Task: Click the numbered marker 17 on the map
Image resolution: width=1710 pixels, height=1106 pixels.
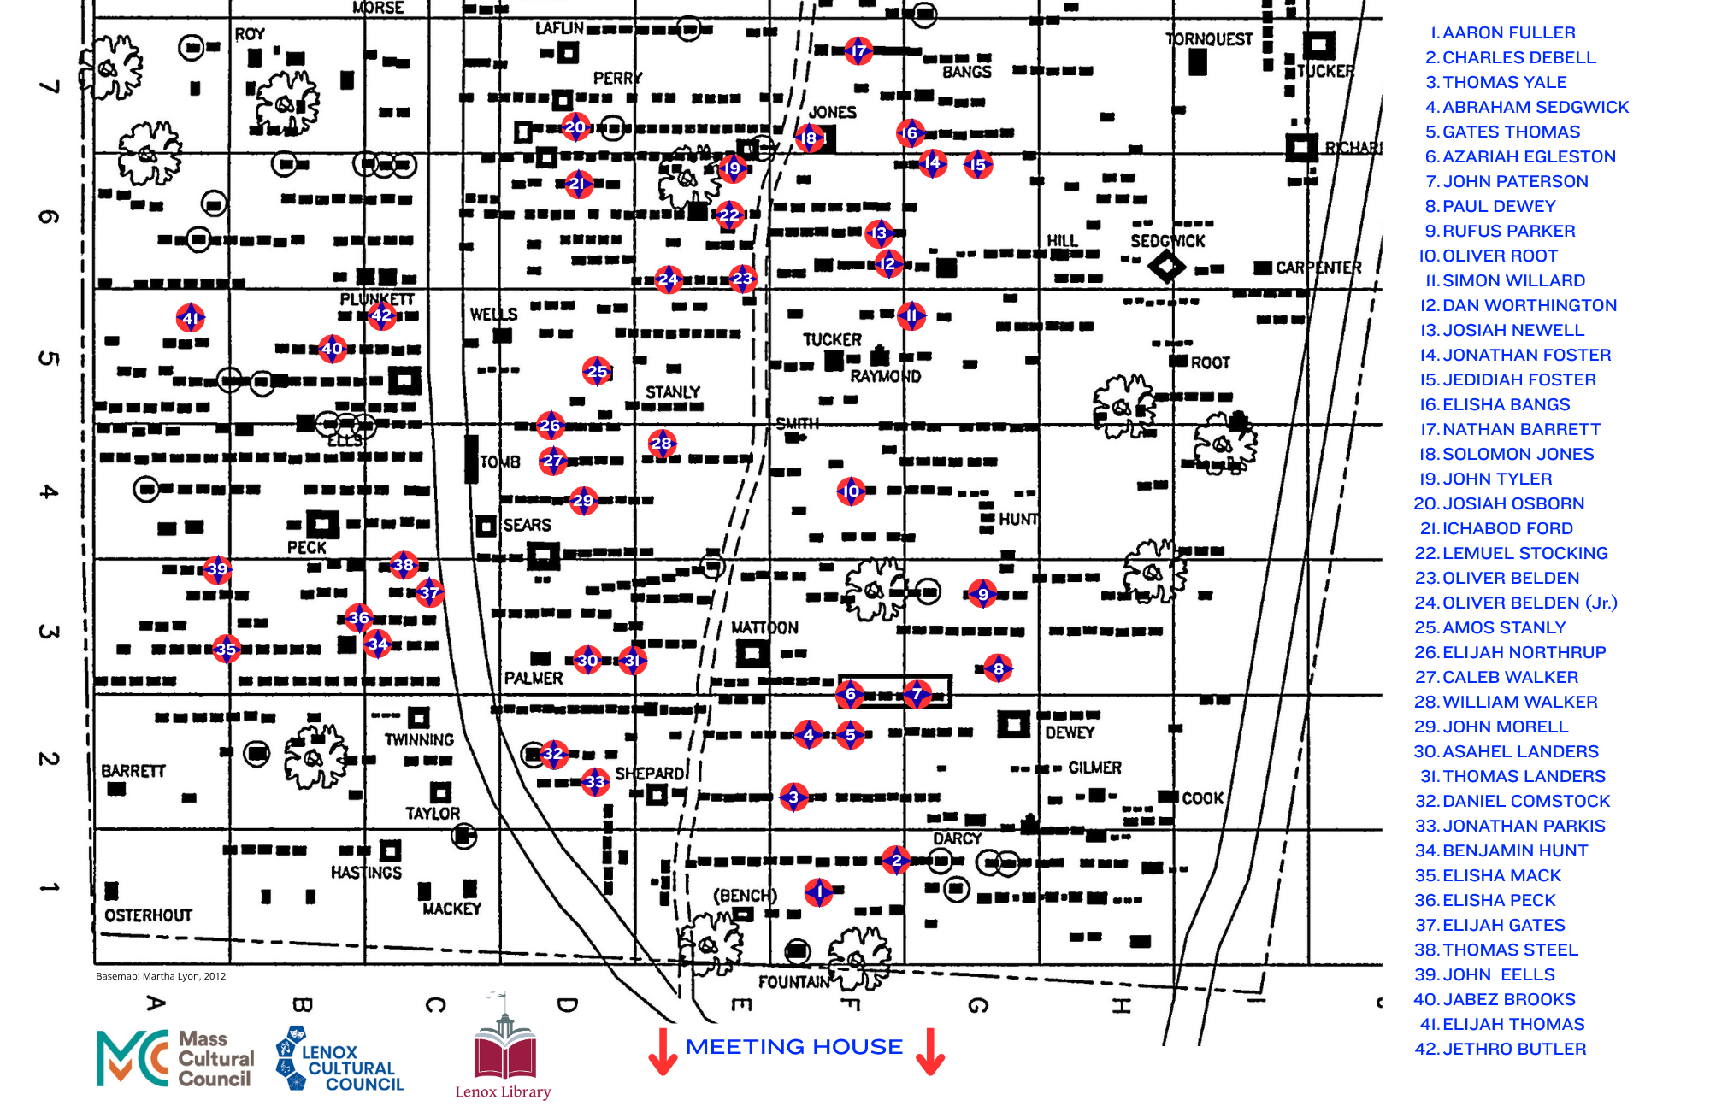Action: [858, 51]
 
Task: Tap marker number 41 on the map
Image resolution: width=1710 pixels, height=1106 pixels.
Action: [191, 319]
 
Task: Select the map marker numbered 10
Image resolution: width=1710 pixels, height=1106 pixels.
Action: [851, 491]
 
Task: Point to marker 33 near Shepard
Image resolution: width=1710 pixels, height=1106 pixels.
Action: [595, 781]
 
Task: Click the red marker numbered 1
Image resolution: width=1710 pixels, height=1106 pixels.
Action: [819, 892]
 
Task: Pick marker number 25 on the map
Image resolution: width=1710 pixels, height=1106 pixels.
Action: [597, 371]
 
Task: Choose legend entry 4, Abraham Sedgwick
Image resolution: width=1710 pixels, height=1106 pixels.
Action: [1527, 107]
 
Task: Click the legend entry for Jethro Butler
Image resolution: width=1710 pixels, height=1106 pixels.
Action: [1501, 1049]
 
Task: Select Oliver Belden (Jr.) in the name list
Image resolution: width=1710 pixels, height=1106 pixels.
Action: [1516, 603]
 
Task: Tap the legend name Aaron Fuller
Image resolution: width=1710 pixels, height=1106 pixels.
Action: [1503, 32]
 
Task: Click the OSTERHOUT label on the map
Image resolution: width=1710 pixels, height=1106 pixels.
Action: [149, 915]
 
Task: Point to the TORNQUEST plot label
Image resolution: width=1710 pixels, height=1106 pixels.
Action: [1208, 39]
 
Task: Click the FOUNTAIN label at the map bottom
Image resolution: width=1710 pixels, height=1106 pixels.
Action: [794, 982]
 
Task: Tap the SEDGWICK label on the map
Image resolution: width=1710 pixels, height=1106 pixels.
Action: [1168, 241]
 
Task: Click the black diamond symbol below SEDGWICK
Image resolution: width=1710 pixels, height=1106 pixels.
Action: [1166, 267]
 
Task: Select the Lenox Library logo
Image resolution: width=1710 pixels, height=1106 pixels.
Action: [504, 1046]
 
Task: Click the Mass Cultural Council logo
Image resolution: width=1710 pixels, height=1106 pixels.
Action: [176, 1058]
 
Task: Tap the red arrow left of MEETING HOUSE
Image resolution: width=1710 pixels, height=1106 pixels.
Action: [663, 1051]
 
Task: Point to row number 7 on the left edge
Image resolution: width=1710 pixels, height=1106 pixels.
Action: [50, 86]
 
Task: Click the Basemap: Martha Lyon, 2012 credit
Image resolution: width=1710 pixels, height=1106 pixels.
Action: [161, 976]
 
